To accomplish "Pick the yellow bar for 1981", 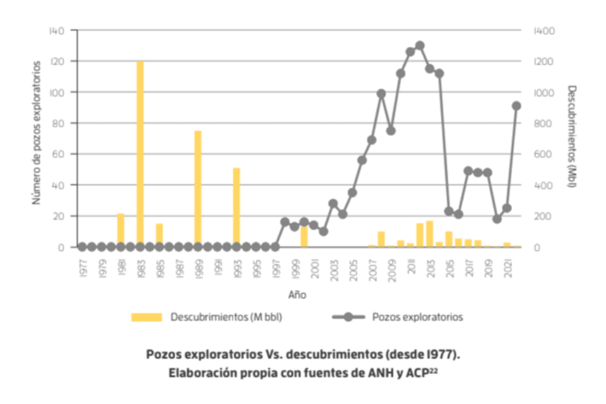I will tap(120, 230).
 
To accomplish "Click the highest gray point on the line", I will tap(420, 45).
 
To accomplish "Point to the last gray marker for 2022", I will tap(517, 105).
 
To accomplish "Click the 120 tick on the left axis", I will tap(56, 61).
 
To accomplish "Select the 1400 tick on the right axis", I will tap(545, 30).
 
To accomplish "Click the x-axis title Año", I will tap(297, 295).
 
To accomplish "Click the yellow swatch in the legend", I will tap(146, 317).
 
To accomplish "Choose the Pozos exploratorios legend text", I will tap(417, 317).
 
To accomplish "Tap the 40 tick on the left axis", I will tap(58, 185).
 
